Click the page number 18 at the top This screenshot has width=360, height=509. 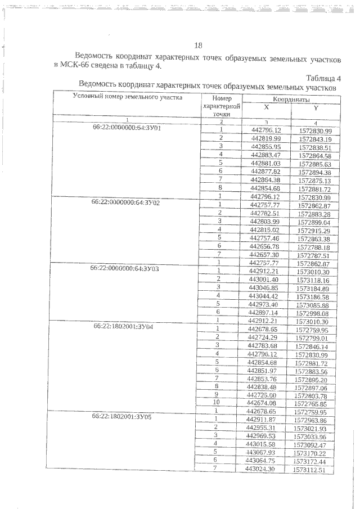point(197,46)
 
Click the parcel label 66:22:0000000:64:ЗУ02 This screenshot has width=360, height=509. point(127,201)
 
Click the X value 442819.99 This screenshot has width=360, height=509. point(266,138)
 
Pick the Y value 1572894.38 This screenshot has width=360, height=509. point(316,172)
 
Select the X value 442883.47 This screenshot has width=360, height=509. point(266,155)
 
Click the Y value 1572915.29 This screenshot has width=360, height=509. point(316,231)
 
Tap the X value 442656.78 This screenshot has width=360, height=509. point(266,247)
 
